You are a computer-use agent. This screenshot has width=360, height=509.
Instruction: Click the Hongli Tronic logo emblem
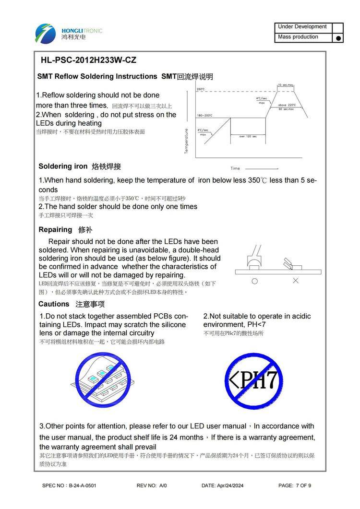[46, 33]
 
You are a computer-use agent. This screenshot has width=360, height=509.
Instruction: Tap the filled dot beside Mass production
[338, 38]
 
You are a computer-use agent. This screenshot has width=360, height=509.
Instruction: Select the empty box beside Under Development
[338, 27]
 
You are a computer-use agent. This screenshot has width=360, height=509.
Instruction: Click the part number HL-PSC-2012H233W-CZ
[88, 60]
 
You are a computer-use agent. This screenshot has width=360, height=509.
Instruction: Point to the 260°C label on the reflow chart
[201, 89]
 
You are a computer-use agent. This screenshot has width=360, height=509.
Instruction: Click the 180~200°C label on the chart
[204, 116]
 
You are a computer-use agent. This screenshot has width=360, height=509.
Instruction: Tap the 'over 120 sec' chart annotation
[248, 137]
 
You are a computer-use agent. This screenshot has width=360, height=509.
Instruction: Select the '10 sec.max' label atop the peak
[285, 85]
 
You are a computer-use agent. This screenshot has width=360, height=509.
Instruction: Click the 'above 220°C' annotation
[287, 105]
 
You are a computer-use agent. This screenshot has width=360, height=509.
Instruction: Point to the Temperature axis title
[186, 141]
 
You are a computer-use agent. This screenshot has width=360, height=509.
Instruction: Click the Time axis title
[235, 168]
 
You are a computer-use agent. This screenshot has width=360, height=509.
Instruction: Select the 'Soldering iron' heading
[63, 166]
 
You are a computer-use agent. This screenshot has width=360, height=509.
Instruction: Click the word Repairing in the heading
[55, 229]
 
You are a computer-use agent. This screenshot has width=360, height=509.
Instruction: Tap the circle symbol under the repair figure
[254, 281]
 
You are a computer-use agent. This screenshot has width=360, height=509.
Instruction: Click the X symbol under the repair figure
[295, 281]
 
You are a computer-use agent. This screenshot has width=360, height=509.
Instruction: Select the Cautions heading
[54, 304]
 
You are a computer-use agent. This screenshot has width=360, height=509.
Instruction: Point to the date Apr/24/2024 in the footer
[229, 485]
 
